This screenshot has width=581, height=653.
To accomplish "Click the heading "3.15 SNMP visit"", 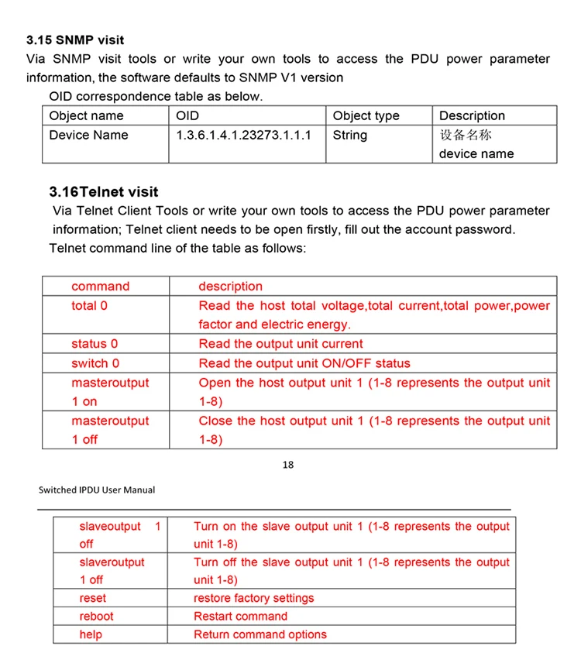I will click(75, 40).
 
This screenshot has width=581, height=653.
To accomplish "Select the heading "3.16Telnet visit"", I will click(103, 191).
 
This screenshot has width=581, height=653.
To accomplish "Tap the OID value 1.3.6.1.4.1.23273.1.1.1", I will click(244, 135).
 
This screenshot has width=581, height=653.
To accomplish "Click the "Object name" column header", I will click(86, 115).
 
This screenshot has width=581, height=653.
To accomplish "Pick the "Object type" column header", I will click(366, 115).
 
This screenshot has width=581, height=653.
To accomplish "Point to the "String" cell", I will click(350, 135).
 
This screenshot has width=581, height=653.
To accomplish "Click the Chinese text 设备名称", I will click(466, 135).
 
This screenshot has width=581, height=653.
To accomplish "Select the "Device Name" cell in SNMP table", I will click(88, 135).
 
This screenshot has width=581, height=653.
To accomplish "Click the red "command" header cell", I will click(101, 287).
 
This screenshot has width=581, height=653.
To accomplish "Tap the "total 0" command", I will click(90, 306).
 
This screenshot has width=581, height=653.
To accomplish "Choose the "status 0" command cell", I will click(95, 344).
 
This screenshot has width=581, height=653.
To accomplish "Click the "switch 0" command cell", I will click(95, 363).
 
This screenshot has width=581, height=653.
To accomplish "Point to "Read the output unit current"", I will click(280, 344).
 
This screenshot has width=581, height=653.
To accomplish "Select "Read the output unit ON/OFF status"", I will click(304, 363).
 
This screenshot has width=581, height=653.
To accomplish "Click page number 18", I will click(288, 465).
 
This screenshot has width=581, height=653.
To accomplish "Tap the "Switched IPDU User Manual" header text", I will click(97, 490).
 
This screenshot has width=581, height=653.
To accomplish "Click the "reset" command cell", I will click(93, 598).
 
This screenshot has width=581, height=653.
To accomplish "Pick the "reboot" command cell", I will click(96, 617).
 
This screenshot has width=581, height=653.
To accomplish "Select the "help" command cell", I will click(91, 634).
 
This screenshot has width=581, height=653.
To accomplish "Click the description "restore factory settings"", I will click(254, 598).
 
